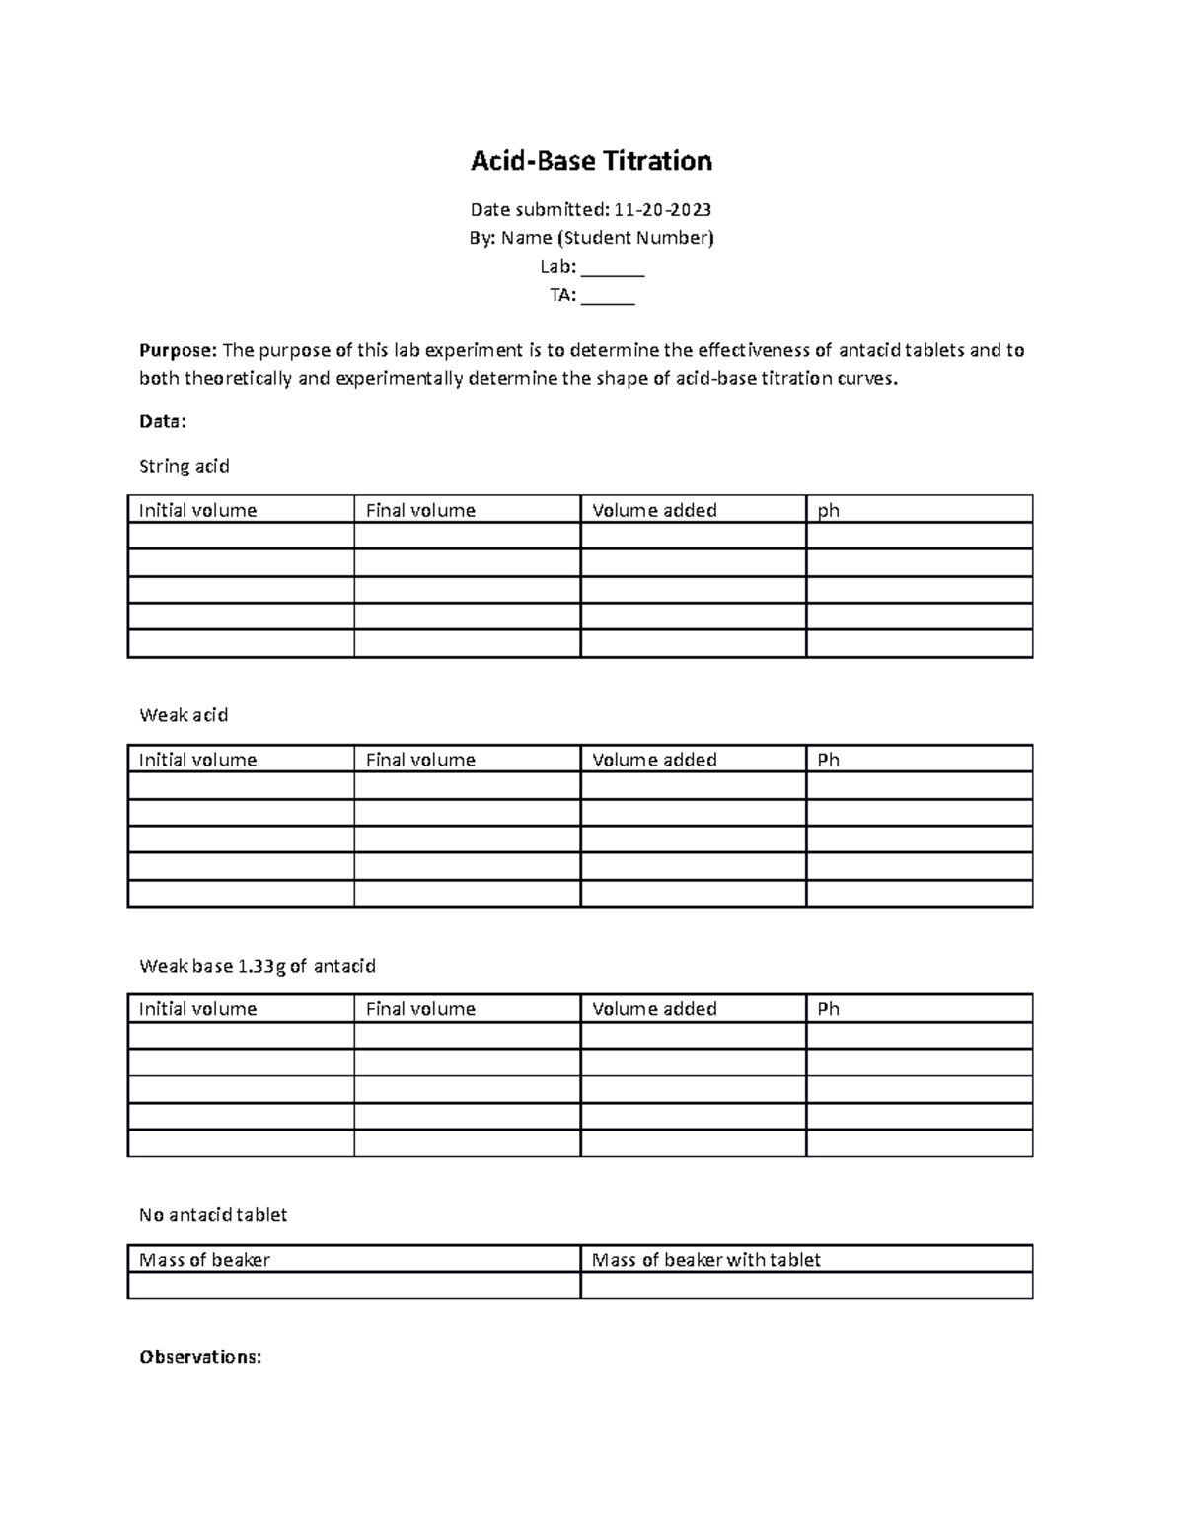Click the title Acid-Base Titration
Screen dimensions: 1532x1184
(x=591, y=161)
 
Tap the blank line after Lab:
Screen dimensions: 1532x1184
(x=613, y=267)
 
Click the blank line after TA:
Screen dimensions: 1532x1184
(x=608, y=295)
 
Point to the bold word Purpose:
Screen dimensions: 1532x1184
(x=178, y=350)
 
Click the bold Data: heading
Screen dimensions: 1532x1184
(x=163, y=421)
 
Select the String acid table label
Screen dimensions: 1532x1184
(x=185, y=466)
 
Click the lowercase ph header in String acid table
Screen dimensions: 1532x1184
(x=829, y=510)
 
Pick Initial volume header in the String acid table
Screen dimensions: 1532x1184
(x=197, y=510)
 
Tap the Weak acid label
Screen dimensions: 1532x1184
(x=184, y=715)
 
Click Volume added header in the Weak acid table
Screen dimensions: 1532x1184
(x=654, y=760)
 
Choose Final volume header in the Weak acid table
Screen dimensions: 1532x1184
(x=420, y=760)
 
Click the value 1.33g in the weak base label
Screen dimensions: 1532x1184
(x=262, y=966)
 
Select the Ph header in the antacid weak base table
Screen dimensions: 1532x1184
(x=829, y=1009)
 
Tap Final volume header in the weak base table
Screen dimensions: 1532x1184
(x=420, y=1009)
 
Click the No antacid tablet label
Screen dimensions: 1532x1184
(x=213, y=1215)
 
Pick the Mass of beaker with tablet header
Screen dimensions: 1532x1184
(x=706, y=1260)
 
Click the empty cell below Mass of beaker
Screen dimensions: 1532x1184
(x=353, y=1285)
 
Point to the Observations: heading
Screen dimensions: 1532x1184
(x=200, y=1357)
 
